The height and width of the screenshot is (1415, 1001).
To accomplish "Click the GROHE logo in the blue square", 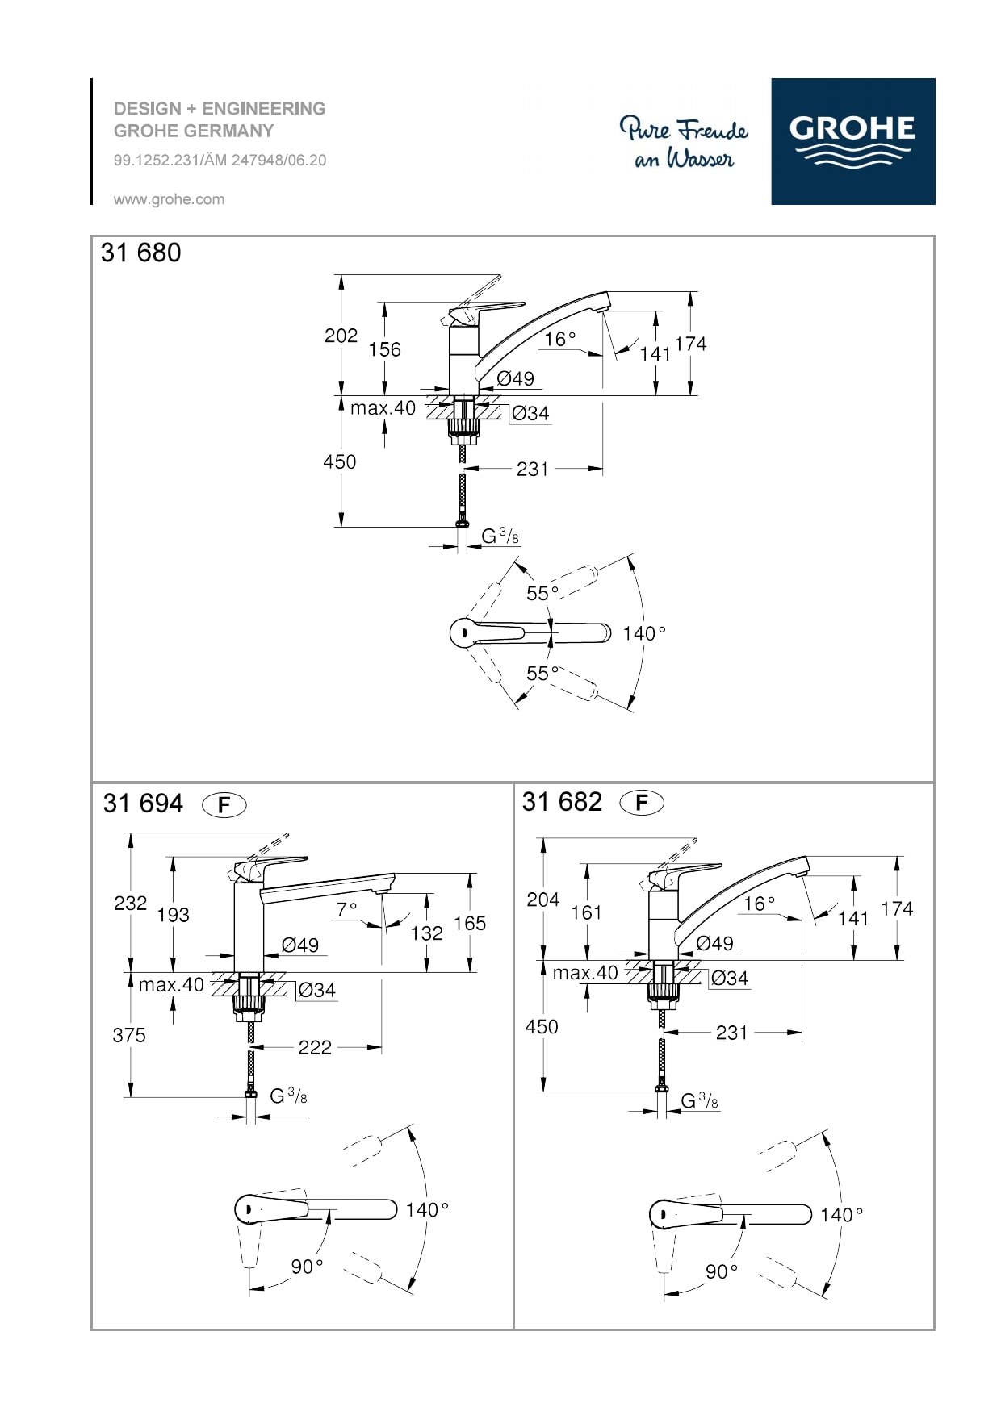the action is (x=852, y=141).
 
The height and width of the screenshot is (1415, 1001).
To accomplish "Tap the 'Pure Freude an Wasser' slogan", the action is (x=684, y=144).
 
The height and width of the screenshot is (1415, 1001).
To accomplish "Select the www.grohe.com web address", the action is (x=169, y=199).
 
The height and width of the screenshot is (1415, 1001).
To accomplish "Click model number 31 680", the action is (x=140, y=253).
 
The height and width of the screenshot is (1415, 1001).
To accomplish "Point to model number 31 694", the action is (x=143, y=804).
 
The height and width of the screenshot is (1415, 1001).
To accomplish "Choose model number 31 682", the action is (x=562, y=802).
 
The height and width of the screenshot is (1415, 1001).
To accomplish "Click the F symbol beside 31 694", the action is (x=224, y=805).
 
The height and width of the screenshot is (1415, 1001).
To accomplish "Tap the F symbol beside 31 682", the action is (x=642, y=803).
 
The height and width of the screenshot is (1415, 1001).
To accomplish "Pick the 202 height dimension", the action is (x=341, y=336).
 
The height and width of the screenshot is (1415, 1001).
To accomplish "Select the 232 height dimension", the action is (x=130, y=903).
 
